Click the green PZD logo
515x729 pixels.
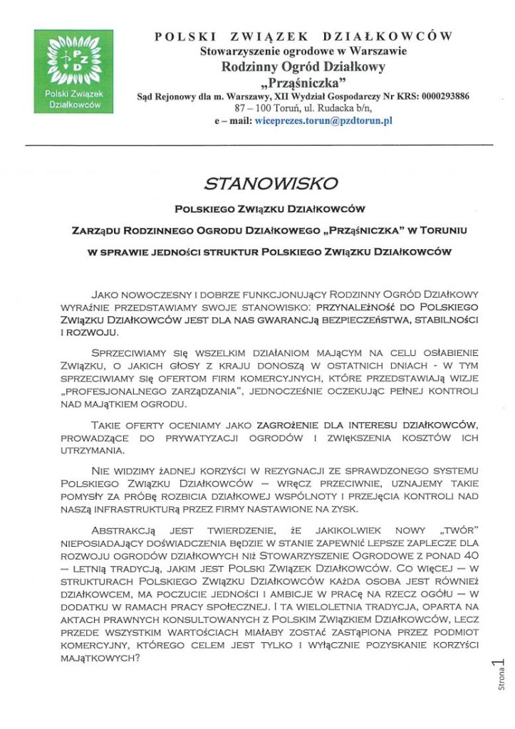(x=73, y=70)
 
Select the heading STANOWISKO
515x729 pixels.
(x=270, y=184)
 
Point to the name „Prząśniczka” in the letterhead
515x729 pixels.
(x=303, y=83)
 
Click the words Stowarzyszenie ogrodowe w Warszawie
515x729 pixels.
(x=303, y=51)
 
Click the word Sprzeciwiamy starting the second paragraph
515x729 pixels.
(x=130, y=353)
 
